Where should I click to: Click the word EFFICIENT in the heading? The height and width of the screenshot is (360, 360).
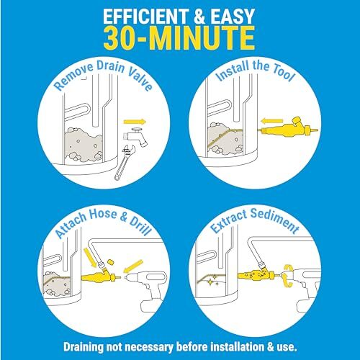[148, 17]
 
